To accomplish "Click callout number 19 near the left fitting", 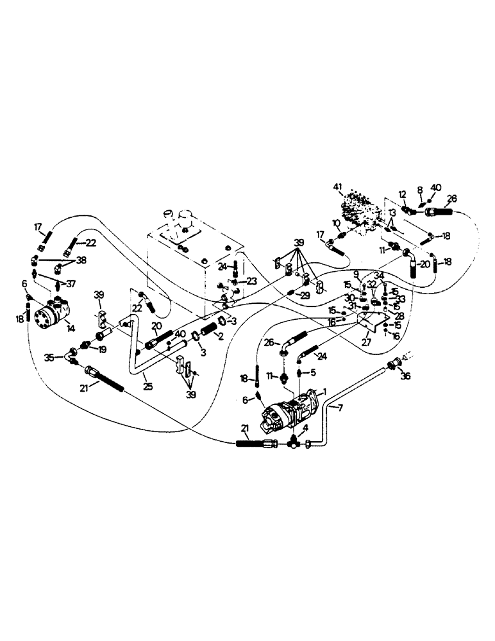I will click(x=103, y=349).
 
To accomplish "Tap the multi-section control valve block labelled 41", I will click(x=362, y=208).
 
